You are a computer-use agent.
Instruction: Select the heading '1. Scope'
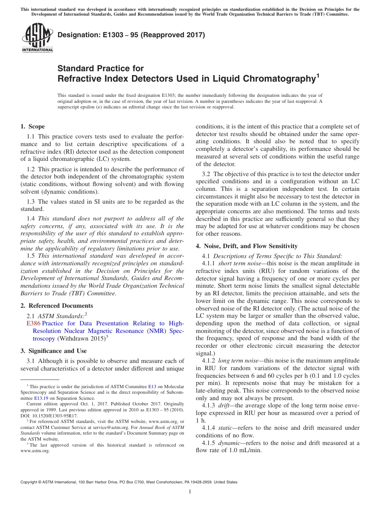coord(32,126)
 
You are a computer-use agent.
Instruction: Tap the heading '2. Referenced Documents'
coord(56,306)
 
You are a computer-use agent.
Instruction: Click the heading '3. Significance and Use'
coord(53,351)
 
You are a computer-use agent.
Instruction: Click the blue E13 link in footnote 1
coord(152,387)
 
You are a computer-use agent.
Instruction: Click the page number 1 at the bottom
coord(190,491)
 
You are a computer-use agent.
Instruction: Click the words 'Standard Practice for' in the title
coord(100,68)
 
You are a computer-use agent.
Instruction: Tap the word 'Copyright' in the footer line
coord(29,482)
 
